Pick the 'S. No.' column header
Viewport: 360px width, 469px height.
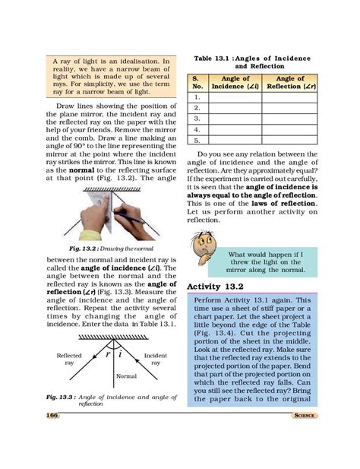(196, 82)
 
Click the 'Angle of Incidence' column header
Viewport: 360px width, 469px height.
(235, 82)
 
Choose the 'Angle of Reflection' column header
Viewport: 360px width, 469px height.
(289, 82)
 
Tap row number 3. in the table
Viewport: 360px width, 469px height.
(197, 119)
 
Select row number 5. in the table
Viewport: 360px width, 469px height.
(197, 140)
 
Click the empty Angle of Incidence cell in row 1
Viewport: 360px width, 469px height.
(235, 97)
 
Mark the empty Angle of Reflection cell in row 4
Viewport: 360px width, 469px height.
(289, 129)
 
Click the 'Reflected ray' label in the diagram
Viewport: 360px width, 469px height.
(69, 359)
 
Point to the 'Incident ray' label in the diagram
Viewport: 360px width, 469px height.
(155, 359)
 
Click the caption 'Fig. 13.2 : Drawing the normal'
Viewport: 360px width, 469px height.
(111, 248)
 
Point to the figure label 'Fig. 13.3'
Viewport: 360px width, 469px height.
(61, 397)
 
